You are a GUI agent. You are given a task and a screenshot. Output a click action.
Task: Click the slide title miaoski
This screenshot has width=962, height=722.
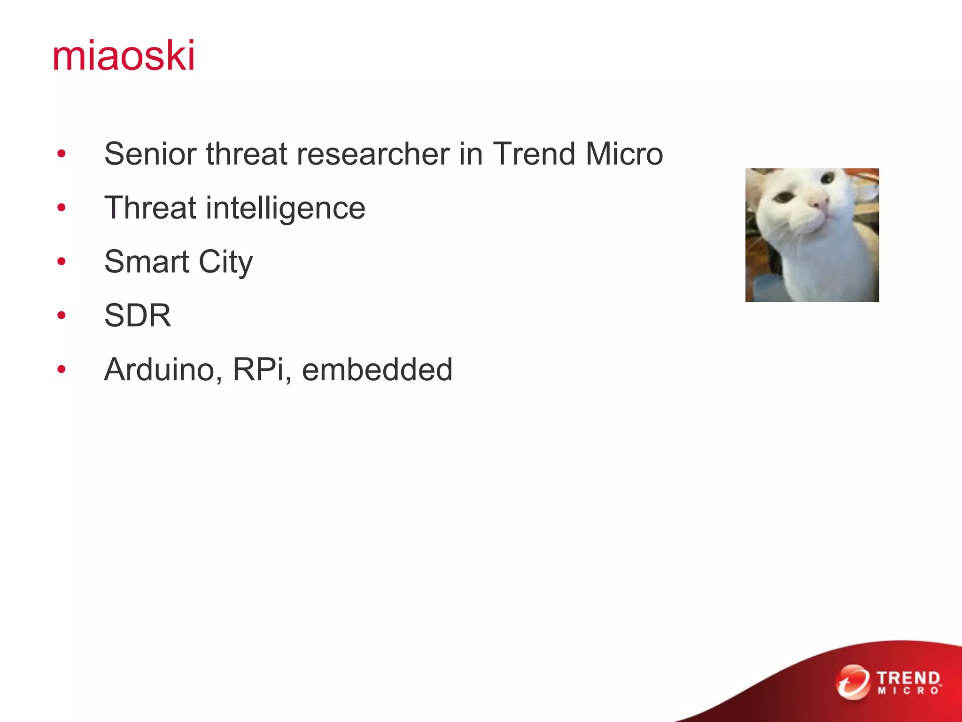coord(124,56)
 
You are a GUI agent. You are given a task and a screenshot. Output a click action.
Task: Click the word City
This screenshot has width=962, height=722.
coord(225,262)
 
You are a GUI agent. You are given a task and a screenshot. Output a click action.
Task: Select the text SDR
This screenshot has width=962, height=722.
coord(138,315)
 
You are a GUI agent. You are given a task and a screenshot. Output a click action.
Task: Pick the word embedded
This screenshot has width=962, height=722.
coord(377,369)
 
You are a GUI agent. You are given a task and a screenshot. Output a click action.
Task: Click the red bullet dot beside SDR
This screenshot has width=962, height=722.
coord(62,315)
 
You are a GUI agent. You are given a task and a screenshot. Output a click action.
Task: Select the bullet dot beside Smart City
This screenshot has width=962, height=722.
coord(62,261)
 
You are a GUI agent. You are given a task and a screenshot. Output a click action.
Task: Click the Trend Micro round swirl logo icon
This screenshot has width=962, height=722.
coord(853,682)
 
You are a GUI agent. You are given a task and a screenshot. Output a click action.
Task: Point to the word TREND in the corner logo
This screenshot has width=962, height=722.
coord(908,678)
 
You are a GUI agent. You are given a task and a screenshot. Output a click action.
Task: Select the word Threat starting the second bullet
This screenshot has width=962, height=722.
coord(150,208)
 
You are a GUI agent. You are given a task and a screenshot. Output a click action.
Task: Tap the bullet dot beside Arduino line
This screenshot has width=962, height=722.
coord(62,369)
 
